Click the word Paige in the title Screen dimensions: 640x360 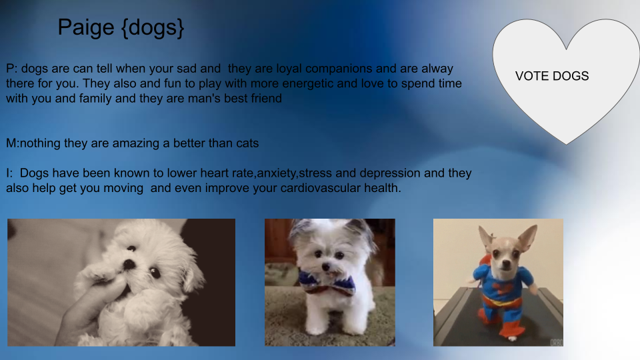(x=86, y=28)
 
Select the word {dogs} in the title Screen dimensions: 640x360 (x=153, y=28)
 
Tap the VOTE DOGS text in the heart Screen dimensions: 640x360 (x=552, y=76)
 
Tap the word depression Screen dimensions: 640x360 (x=390, y=173)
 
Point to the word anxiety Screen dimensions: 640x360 (x=276, y=174)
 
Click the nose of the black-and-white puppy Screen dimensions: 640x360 (x=129, y=265)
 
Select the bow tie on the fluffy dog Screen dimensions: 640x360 (x=327, y=283)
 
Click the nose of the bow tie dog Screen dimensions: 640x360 (x=326, y=267)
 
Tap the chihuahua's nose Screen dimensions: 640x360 (x=506, y=267)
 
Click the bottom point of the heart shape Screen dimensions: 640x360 (x=566, y=144)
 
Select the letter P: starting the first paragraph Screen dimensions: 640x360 (x=11, y=69)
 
